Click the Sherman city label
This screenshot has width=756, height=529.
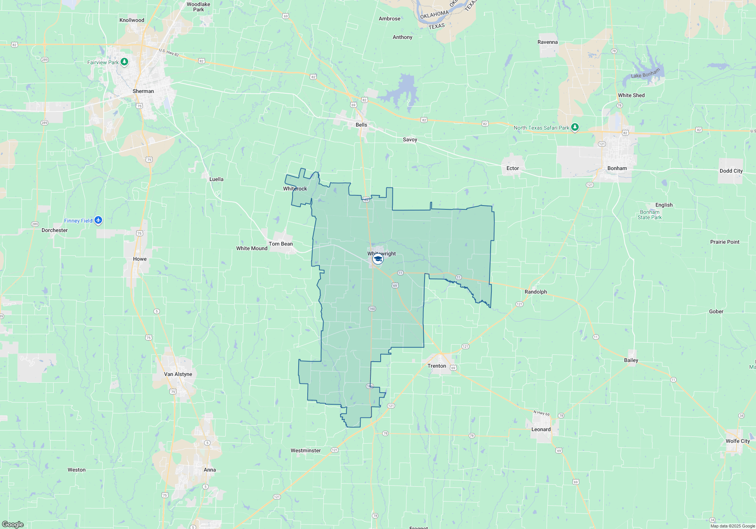[x=143, y=91]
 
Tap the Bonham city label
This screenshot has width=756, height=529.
[x=617, y=168]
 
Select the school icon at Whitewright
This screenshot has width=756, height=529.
[x=378, y=259]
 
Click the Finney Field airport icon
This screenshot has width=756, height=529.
[x=98, y=220]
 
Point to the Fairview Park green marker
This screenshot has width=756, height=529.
[x=124, y=62]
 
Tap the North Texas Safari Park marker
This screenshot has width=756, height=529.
[x=575, y=127]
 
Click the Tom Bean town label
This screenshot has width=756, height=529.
[x=280, y=244]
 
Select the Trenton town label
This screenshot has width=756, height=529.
[x=437, y=366]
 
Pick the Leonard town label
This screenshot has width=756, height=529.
[x=541, y=429]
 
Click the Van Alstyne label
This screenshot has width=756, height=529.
[x=178, y=374]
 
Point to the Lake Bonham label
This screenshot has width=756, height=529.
[x=645, y=73]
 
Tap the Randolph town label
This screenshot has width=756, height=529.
[x=536, y=292]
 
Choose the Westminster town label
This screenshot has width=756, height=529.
[x=305, y=450]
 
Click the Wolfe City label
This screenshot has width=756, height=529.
[x=737, y=441]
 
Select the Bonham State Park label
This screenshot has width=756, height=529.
[x=649, y=215]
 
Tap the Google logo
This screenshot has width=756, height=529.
[x=12, y=524]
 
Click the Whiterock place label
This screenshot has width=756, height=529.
[x=295, y=189]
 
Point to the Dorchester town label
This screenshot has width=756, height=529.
[x=54, y=230]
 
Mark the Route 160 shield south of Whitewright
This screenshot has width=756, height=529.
[x=372, y=309]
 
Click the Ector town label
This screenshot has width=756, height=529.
[x=513, y=168]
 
